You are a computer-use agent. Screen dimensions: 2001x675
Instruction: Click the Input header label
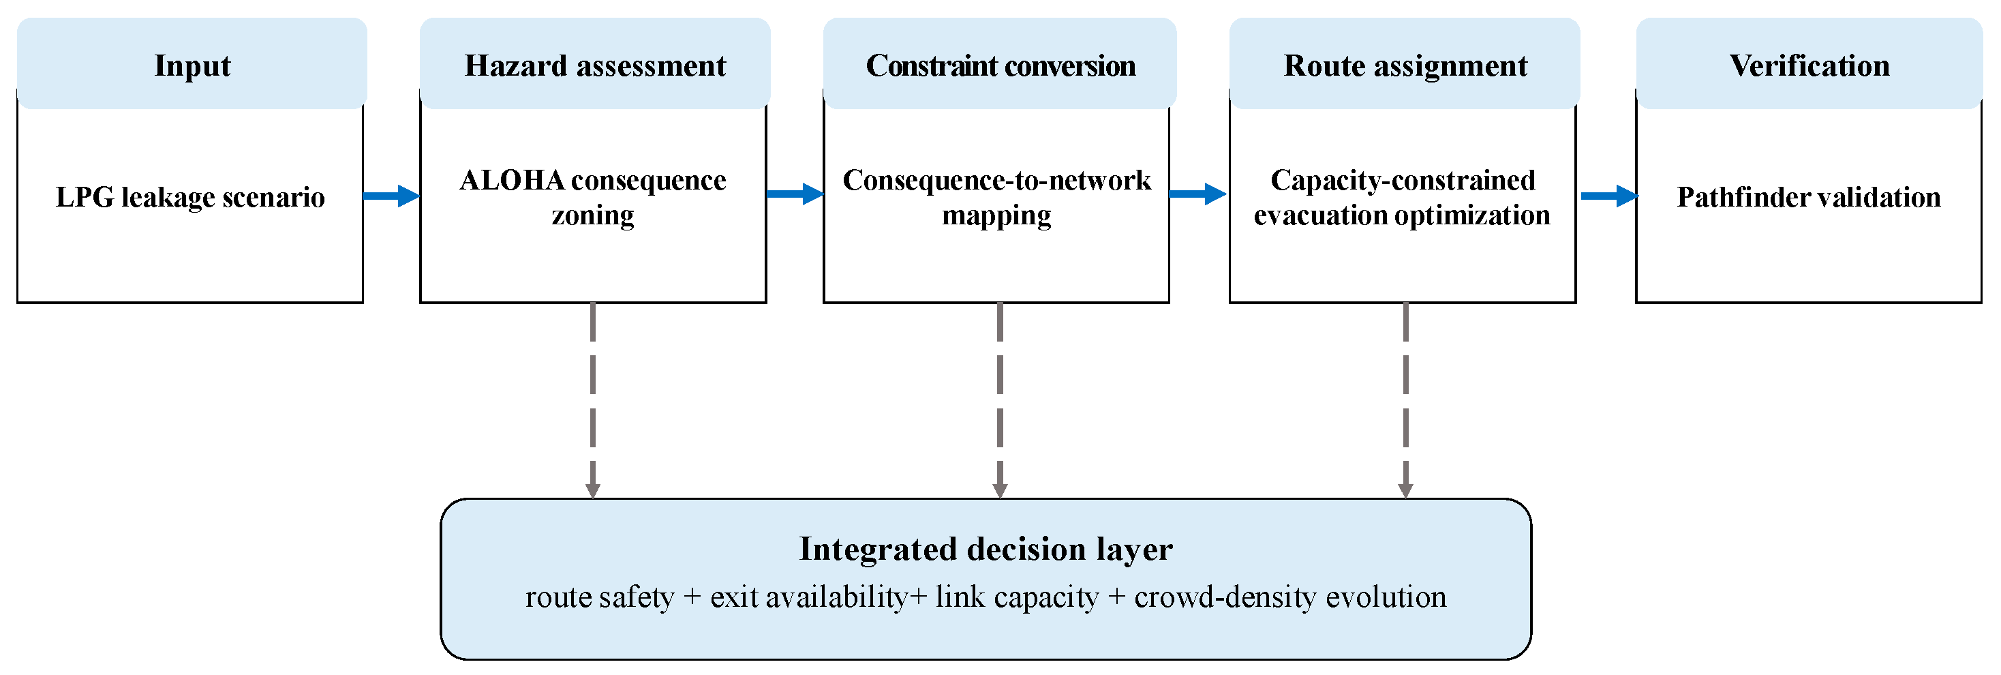(x=192, y=66)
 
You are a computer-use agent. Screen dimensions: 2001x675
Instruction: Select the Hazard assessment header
(x=595, y=66)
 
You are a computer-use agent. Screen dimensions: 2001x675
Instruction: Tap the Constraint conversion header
(x=1000, y=66)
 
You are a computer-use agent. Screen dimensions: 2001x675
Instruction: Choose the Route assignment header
(x=1405, y=66)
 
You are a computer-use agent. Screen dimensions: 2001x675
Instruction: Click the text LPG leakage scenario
(x=190, y=197)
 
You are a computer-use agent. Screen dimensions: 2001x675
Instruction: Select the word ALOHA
(x=512, y=180)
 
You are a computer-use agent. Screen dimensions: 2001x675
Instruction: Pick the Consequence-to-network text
(x=996, y=180)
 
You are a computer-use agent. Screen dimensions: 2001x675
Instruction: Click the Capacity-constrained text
(x=1403, y=180)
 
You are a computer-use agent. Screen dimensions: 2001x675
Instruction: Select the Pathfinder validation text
(x=1808, y=197)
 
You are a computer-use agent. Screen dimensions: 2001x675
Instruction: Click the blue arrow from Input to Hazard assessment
(x=391, y=196)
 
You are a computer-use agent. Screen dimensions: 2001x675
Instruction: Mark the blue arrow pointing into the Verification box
(x=1608, y=196)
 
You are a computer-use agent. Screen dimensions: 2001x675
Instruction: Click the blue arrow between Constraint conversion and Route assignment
(x=1197, y=194)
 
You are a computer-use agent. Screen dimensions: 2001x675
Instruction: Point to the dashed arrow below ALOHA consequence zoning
(x=593, y=400)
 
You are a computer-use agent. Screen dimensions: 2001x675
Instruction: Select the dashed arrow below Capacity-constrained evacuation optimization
(x=1405, y=400)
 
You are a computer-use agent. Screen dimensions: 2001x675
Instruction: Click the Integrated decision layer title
(x=986, y=549)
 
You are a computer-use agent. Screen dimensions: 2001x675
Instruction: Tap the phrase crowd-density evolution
(x=1290, y=597)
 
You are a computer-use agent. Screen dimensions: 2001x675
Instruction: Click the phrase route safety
(x=600, y=597)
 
